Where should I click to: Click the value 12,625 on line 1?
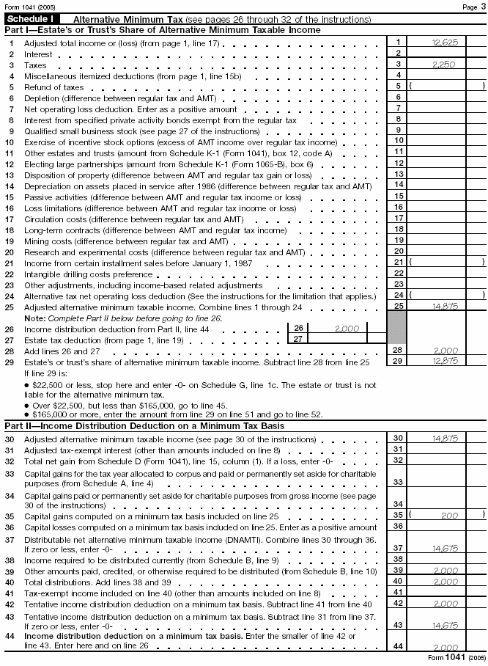point(445,43)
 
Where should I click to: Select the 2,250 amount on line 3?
point(445,65)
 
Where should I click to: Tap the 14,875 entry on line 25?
point(445,305)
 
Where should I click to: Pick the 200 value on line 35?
point(449,515)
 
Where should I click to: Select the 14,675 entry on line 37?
point(445,547)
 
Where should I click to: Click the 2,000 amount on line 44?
point(445,646)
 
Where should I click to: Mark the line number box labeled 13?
point(398,174)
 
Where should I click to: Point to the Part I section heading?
point(162,30)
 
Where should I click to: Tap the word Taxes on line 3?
point(35,65)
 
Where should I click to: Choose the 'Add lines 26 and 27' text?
point(59,352)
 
